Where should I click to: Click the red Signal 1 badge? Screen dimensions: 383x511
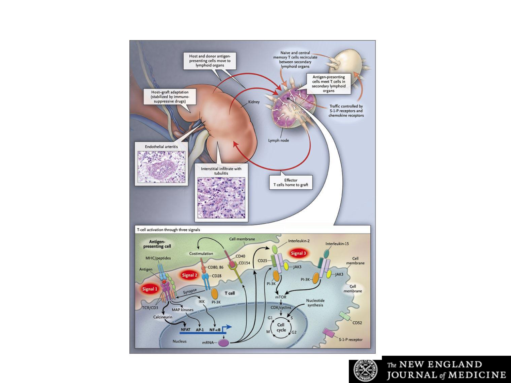point(150,289)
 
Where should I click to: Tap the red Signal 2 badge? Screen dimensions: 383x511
point(189,275)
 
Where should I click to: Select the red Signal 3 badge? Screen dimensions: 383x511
point(298,253)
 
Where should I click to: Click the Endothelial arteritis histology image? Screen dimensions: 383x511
point(161,167)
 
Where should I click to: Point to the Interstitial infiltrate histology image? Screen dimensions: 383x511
point(221,197)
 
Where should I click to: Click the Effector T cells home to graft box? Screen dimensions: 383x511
point(291,182)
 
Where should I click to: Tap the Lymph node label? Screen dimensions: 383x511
point(278,140)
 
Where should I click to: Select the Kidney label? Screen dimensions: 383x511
point(254,102)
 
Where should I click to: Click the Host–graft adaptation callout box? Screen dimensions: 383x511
point(170,97)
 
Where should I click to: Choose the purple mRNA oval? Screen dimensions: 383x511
point(223,342)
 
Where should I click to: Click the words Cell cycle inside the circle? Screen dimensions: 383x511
point(281,328)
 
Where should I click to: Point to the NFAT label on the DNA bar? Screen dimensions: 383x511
point(186,330)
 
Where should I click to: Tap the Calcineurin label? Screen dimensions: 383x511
point(163,317)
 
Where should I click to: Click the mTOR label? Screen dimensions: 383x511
point(281,297)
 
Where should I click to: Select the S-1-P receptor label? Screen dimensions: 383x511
point(351,339)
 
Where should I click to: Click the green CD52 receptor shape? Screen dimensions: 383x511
point(345,316)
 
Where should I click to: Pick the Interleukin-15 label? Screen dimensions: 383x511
point(337,244)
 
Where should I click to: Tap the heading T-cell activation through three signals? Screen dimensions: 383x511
point(168,230)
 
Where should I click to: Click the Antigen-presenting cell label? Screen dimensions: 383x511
point(157,244)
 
